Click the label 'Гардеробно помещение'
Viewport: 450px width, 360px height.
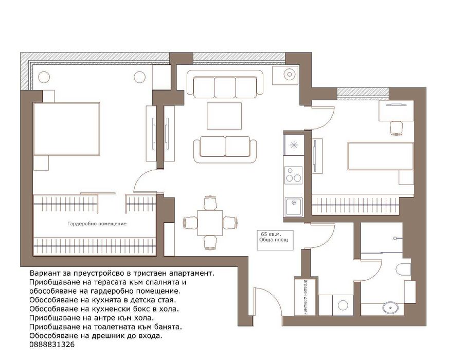click(x=97, y=224)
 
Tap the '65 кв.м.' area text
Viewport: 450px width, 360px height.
click(x=271, y=235)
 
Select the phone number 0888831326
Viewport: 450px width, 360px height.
click(x=52, y=345)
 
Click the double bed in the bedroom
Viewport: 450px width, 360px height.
click(x=66, y=129)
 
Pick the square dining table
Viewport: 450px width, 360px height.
click(x=210, y=223)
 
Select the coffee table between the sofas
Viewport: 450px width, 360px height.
click(x=224, y=116)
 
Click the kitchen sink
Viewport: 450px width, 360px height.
click(x=293, y=207)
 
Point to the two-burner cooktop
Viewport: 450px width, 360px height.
click(x=294, y=175)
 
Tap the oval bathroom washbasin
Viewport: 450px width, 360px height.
click(x=390, y=308)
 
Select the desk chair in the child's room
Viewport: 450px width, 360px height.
click(x=397, y=128)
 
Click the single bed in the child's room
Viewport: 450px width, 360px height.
click(x=381, y=156)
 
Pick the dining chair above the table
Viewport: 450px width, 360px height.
click(x=210, y=203)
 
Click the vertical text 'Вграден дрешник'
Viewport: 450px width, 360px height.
click(x=305, y=297)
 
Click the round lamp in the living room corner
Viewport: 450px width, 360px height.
click(x=290, y=75)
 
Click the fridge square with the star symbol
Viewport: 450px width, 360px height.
click(x=294, y=145)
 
